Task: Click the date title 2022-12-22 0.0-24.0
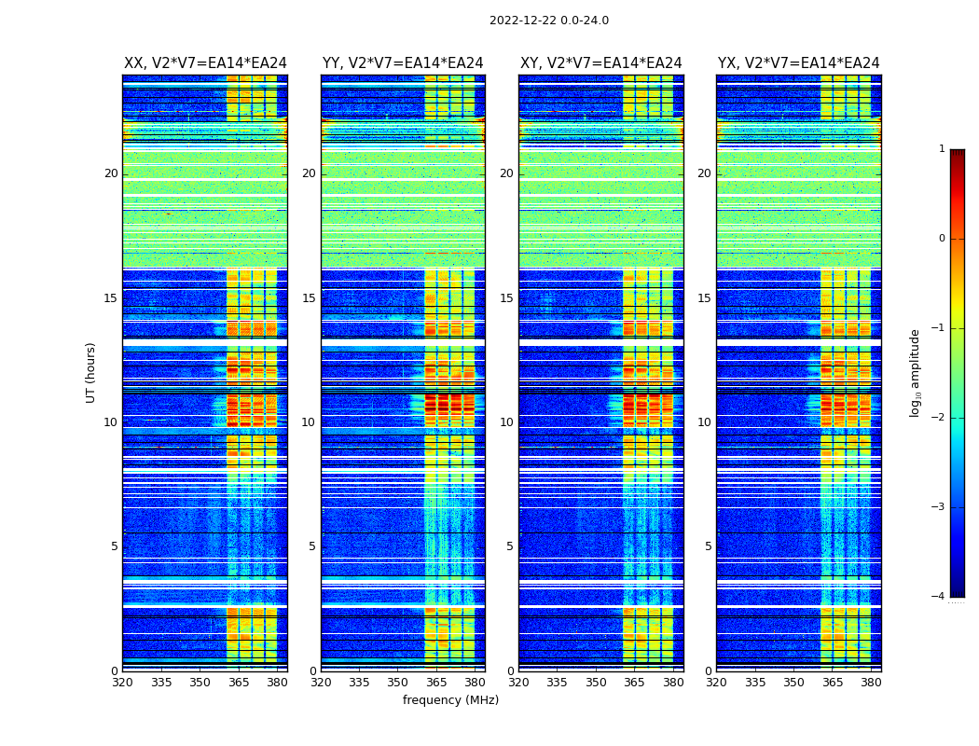click(548, 21)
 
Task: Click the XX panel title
click(205, 63)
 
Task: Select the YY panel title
click(403, 63)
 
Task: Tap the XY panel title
click(600, 63)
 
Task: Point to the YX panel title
click(798, 63)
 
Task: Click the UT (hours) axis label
click(90, 372)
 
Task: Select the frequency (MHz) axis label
click(450, 700)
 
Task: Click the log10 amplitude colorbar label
click(915, 372)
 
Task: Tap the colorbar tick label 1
click(942, 149)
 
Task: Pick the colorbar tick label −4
click(940, 597)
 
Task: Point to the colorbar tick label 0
click(942, 239)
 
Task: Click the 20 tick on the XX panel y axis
click(111, 173)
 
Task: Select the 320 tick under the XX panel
click(123, 682)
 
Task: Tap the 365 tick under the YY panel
click(436, 682)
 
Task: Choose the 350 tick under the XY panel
click(596, 682)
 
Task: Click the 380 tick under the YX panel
click(871, 682)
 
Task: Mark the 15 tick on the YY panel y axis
click(309, 298)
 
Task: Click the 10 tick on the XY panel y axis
click(506, 422)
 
